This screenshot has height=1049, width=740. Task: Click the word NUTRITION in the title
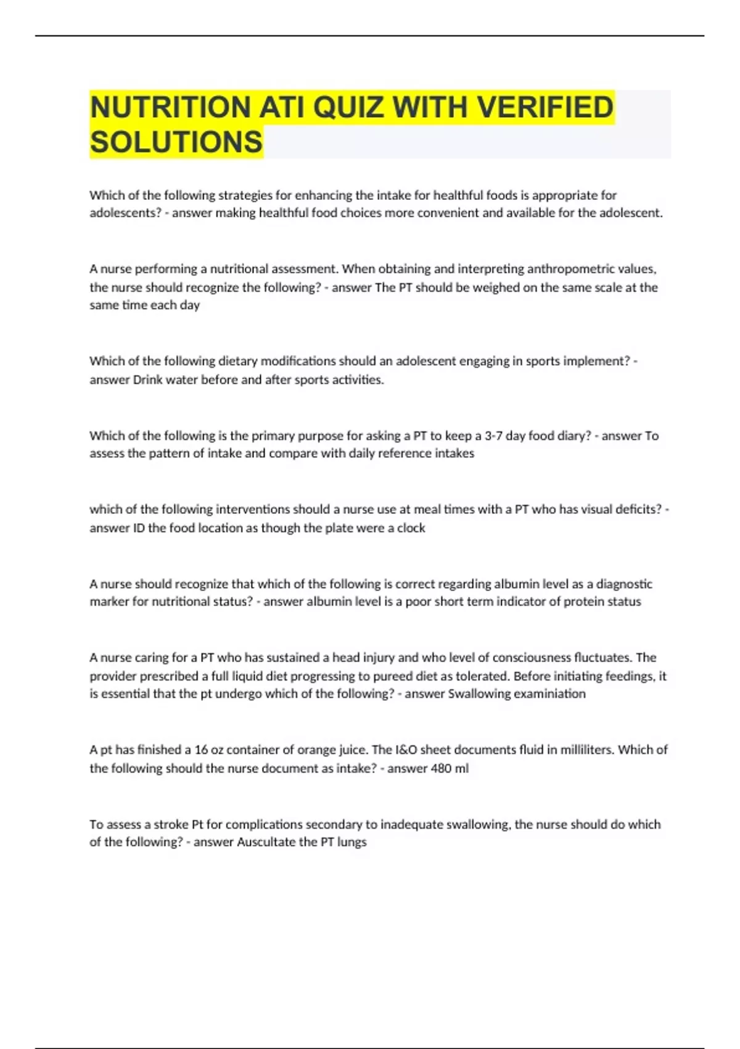[170, 107]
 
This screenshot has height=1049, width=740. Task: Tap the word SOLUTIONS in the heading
[176, 142]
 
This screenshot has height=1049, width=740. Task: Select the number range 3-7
[493, 436]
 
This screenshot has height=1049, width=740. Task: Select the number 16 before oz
[201, 750]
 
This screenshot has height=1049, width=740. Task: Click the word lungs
[351, 842]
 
